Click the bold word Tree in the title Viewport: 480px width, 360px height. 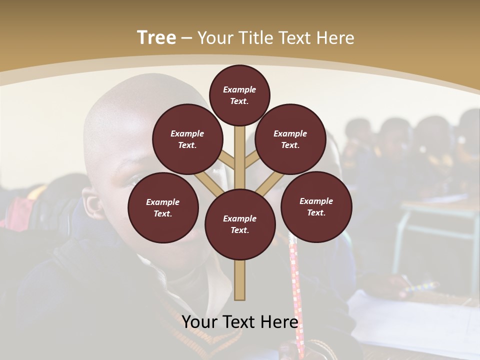click(x=156, y=38)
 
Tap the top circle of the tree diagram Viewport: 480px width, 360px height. click(x=239, y=95)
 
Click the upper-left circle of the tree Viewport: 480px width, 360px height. click(x=187, y=139)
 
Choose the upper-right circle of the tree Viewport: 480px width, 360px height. click(x=290, y=139)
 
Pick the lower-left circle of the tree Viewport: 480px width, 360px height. click(x=163, y=208)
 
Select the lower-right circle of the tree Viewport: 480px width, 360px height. click(x=316, y=207)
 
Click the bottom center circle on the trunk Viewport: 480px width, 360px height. click(x=240, y=224)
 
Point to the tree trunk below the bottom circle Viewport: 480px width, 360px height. click(x=240, y=280)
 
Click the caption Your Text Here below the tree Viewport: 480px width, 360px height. click(x=240, y=322)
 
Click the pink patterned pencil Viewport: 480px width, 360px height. click(x=296, y=295)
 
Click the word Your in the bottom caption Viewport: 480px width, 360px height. click(x=200, y=322)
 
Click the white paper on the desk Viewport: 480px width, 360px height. click(x=415, y=320)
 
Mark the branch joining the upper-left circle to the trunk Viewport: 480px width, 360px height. click(x=226, y=161)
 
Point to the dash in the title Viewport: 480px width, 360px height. click(x=187, y=38)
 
